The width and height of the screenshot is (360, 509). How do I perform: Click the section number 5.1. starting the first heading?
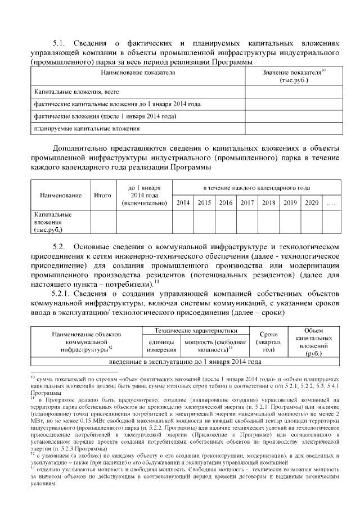(60, 43)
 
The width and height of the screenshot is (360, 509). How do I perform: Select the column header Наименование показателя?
(137, 73)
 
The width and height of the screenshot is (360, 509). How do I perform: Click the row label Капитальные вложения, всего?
(76, 91)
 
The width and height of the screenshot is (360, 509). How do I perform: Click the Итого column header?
(102, 195)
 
